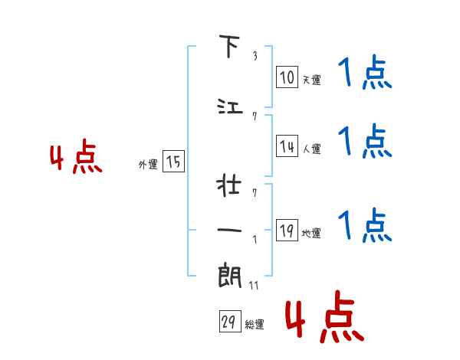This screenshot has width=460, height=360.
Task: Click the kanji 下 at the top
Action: (229, 46)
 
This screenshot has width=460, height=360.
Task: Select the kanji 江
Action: (230, 106)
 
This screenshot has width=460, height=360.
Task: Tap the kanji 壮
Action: (228, 185)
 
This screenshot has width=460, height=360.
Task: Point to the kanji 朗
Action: (229, 275)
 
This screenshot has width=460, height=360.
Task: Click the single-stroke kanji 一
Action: (229, 230)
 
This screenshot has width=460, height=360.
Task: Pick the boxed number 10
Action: (287, 77)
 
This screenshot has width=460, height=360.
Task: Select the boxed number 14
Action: (287, 146)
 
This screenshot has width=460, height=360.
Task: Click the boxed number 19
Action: (287, 230)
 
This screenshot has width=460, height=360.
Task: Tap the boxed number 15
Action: (173, 161)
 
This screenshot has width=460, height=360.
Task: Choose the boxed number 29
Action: (230, 321)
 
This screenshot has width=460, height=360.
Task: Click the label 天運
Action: (311, 80)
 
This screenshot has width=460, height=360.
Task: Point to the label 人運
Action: (311, 149)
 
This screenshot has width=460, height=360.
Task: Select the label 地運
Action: (311, 233)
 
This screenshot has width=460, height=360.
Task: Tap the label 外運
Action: (148, 165)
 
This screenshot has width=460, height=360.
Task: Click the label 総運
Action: (255, 325)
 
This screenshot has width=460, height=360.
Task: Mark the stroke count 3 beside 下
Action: (255, 56)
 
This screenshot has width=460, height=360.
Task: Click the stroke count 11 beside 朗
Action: (254, 285)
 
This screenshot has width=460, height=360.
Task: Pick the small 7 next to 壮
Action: (255, 193)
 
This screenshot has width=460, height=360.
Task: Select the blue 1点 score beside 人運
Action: (365, 141)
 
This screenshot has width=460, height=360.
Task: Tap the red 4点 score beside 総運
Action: (325, 316)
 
